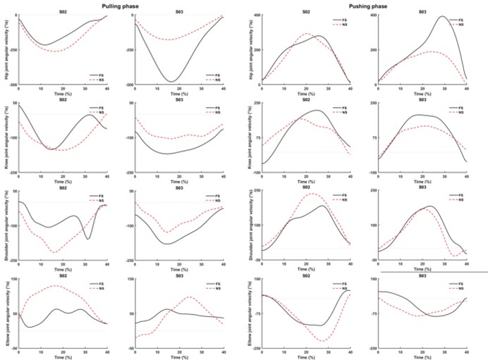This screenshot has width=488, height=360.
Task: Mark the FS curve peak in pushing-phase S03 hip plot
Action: [442, 16]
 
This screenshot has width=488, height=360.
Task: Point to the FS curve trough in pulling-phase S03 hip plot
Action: [170, 82]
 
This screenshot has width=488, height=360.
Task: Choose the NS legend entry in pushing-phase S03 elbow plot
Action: [460, 289]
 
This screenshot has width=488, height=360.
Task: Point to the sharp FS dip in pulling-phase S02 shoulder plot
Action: [88, 239]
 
